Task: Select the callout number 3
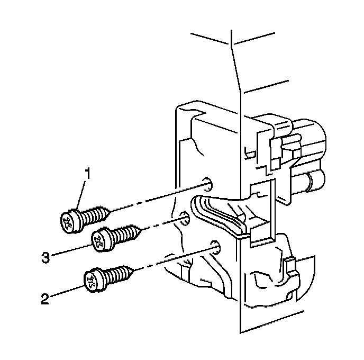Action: (46, 258)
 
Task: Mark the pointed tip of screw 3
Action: (142, 229)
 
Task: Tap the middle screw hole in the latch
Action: (184, 218)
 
